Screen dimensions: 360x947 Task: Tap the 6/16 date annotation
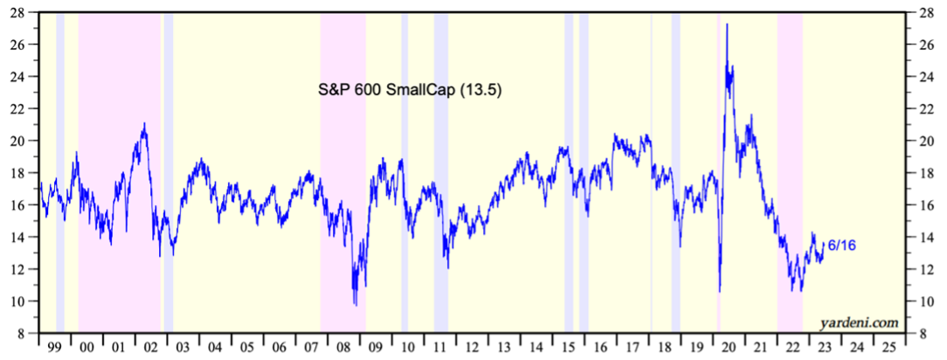click(840, 246)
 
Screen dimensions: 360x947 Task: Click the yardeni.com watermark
click(860, 322)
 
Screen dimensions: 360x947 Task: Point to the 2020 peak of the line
click(727, 24)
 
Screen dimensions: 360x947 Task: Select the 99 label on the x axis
click(54, 346)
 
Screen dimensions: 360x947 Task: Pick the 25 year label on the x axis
click(888, 346)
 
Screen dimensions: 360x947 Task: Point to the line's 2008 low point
click(355, 304)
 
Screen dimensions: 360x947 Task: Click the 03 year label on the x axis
click(181, 346)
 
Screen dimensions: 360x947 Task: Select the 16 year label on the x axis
click(599, 346)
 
